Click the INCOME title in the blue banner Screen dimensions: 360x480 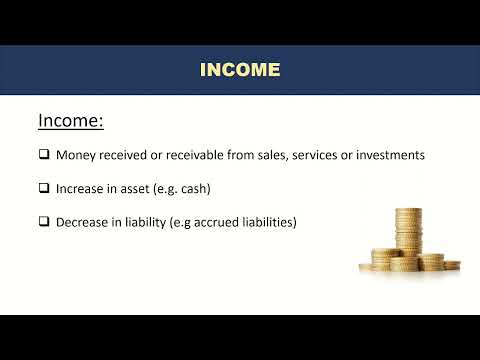pyautogui.click(x=240, y=69)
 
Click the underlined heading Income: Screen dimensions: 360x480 pyautogui.click(x=71, y=121)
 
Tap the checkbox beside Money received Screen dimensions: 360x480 pyautogui.click(x=44, y=155)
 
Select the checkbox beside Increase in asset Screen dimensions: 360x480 pyautogui.click(x=44, y=188)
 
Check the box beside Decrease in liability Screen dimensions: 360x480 pyautogui.click(x=44, y=221)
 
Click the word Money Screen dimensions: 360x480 pyautogui.click(x=75, y=155)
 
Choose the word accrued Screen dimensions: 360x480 pyautogui.click(x=214, y=221)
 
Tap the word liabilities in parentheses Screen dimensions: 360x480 pyautogui.click(x=267, y=221)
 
